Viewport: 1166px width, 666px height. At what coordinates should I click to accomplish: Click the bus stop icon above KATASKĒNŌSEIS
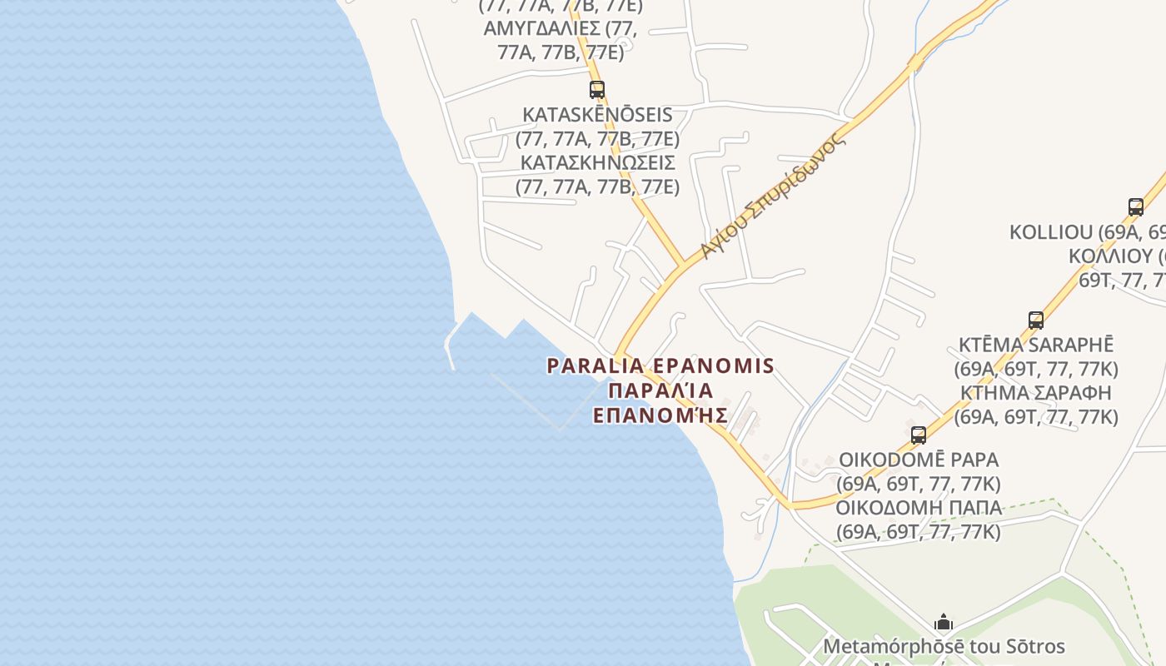597,90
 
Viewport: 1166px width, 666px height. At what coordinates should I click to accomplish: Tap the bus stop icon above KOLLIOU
1135,207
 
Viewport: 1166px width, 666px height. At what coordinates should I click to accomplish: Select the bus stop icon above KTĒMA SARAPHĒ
1035,321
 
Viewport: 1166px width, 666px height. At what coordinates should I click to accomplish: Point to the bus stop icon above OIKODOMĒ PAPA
918,435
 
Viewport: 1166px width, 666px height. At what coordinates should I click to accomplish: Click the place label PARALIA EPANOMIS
660,365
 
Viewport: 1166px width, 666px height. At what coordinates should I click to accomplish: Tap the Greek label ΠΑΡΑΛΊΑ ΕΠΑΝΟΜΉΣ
660,403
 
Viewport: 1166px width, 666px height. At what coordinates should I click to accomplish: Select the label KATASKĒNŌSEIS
597,114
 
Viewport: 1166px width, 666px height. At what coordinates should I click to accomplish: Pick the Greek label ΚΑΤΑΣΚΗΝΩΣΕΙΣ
597,162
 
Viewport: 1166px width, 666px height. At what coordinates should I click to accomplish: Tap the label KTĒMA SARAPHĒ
1035,345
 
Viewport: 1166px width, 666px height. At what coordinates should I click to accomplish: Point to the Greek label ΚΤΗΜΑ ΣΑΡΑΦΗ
1035,392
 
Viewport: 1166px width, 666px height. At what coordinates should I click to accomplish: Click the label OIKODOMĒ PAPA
918,460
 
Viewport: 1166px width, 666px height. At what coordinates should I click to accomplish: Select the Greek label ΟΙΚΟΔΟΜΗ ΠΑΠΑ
918,507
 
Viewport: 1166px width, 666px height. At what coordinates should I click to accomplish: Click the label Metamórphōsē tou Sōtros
943,646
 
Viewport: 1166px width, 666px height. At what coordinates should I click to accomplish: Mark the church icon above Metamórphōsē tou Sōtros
943,622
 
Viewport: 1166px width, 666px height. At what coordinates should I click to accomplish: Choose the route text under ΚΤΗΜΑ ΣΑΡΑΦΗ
1035,416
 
